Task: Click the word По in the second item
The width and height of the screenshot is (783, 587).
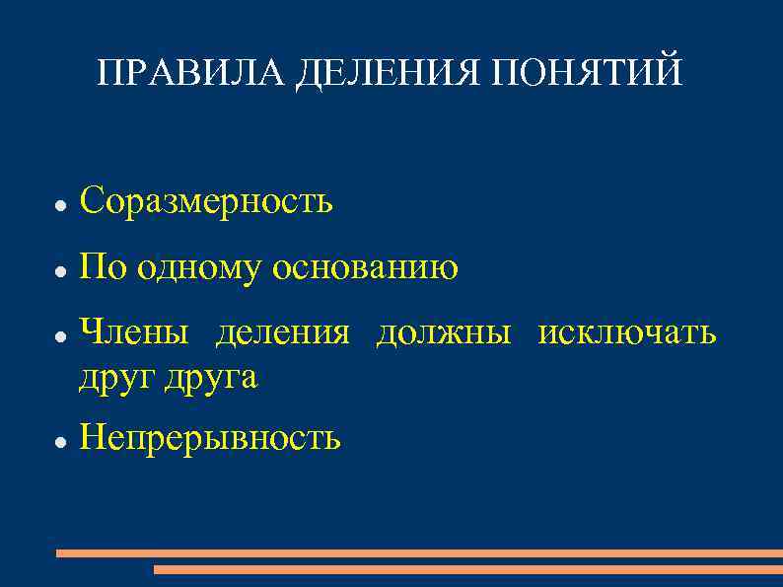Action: coord(103,267)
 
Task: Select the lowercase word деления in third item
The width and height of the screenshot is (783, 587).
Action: coord(282,334)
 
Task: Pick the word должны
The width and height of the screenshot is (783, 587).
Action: coord(443,334)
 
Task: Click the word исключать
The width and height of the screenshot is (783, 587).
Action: coord(626,333)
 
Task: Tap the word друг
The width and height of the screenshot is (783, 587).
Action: coord(112,377)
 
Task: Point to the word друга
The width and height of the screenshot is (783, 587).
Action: coord(207,377)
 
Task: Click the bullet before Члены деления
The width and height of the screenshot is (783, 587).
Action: coord(59,337)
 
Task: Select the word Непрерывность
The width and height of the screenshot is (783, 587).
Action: coord(210,436)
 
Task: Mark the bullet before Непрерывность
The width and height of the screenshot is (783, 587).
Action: coord(59,441)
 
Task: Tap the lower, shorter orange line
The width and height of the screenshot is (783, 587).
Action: coord(468,569)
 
